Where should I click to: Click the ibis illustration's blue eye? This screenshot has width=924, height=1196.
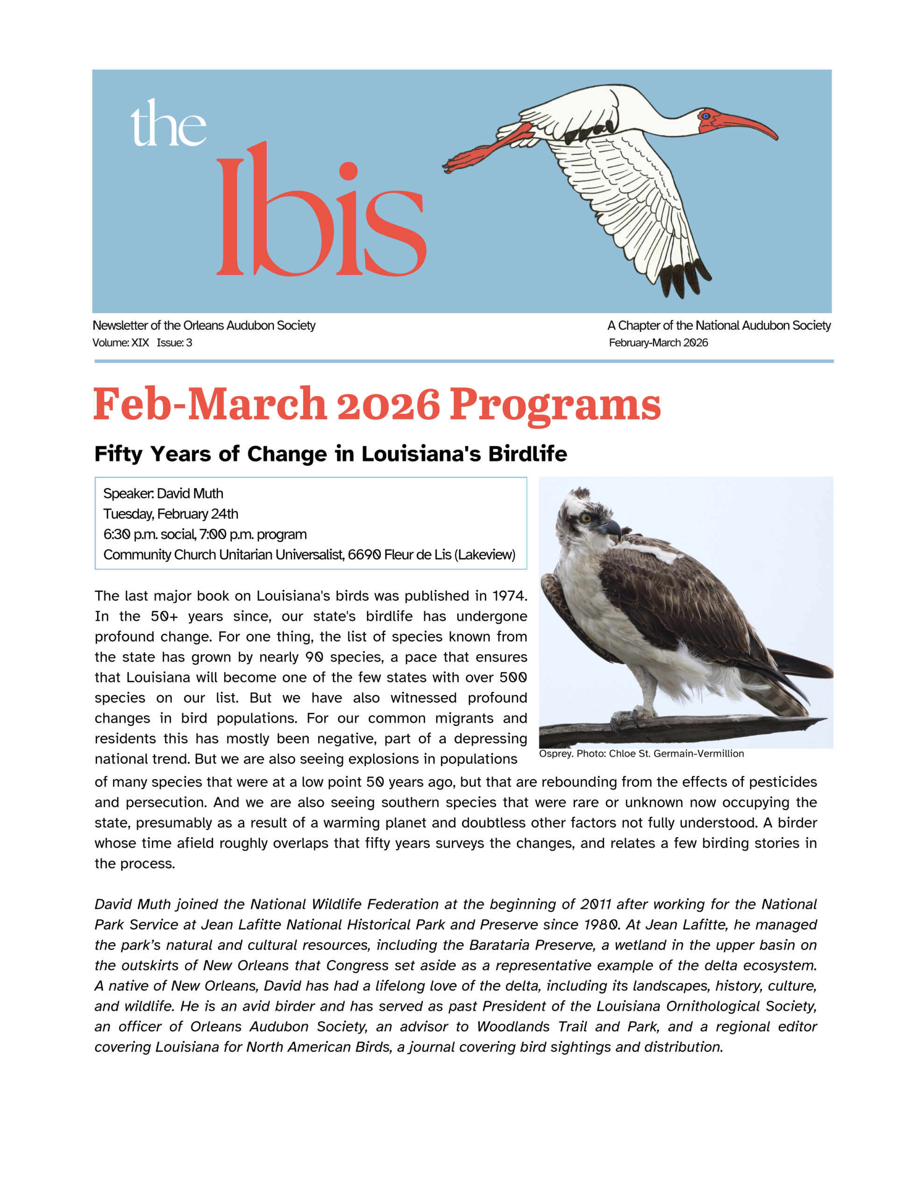705,116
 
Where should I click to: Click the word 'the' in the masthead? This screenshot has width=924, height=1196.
168,124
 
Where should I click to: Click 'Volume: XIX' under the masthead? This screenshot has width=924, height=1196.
121,343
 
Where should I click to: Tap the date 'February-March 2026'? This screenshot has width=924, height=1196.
658,343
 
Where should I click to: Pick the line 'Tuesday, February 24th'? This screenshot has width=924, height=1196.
171,513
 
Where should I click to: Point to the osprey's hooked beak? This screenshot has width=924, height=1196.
612,528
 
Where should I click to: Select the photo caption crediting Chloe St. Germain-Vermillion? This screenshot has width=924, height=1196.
641,754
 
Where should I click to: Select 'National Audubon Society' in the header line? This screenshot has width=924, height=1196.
763,325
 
